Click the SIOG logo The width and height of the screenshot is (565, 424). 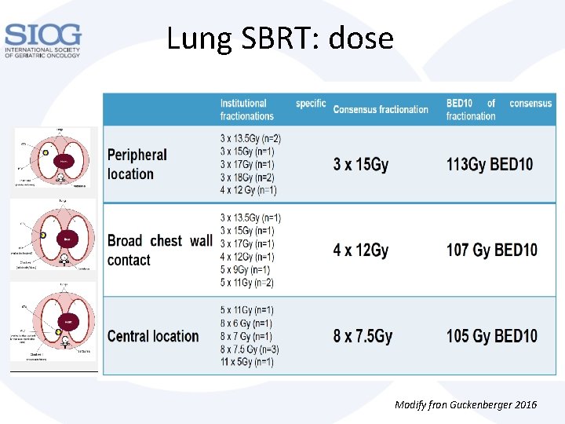click(42, 40)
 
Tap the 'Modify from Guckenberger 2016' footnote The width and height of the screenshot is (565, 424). click(465, 404)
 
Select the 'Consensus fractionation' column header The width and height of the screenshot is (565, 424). click(381, 109)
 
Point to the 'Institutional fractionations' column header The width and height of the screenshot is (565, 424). click(247, 109)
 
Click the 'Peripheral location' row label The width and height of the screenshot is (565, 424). click(137, 164)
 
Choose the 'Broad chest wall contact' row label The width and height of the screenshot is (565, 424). click(159, 250)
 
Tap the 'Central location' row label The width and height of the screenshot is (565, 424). click(153, 336)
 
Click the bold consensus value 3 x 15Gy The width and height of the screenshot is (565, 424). click(361, 164)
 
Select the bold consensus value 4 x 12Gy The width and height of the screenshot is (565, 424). click(361, 250)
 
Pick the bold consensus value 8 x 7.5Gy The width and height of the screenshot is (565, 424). click(363, 336)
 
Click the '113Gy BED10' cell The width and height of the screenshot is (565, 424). click(490, 164)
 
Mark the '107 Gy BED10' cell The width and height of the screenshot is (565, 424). click(492, 250)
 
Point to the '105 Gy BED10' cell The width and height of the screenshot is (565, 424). click(492, 336)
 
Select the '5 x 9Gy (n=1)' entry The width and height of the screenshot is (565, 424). click(247, 269)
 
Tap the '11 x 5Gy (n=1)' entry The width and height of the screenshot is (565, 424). click(247, 362)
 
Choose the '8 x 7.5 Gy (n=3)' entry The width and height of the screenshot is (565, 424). click(250, 349)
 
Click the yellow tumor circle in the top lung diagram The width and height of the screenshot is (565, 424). click(46, 152)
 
